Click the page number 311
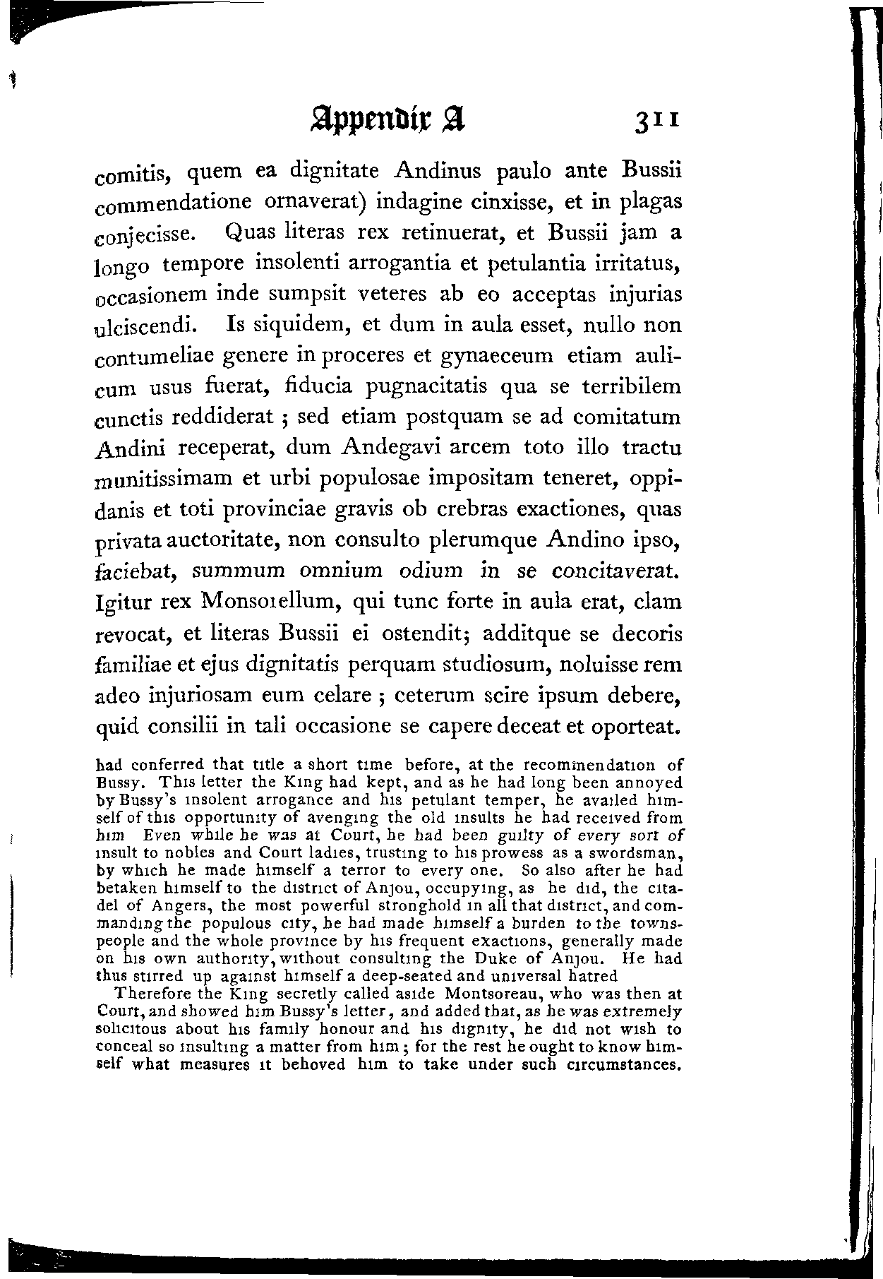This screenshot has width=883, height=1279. [657, 119]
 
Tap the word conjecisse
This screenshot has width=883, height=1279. [141, 234]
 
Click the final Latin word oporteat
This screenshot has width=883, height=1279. [638, 726]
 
